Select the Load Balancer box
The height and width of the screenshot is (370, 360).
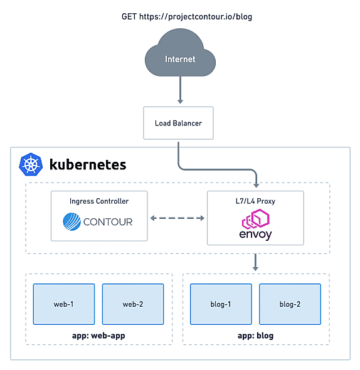click(178, 123)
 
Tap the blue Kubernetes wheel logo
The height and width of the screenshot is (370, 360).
click(31, 164)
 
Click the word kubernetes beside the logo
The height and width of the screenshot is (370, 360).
click(88, 164)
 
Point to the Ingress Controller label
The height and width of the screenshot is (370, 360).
click(99, 201)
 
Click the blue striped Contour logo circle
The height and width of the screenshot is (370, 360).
click(71, 221)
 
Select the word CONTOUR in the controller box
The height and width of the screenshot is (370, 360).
click(108, 222)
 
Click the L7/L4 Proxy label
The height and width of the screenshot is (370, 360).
click(255, 201)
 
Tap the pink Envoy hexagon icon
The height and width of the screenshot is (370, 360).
click(256, 218)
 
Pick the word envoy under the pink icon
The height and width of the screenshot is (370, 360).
click(255, 235)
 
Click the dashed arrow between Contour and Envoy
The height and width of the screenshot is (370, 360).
click(177, 218)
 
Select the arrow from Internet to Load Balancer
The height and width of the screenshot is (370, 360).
click(181, 90)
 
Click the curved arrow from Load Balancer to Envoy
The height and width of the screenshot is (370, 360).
click(217, 169)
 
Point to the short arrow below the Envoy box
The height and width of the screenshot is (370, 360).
click(255, 262)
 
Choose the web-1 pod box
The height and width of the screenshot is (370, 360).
click(64, 304)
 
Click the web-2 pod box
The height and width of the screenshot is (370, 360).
click(133, 304)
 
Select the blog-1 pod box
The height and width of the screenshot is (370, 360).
click(221, 304)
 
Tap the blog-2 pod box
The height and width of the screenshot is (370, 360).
click(290, 304)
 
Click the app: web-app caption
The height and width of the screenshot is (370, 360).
click(98, 336)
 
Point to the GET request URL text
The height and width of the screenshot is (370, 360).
click(187, 17)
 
